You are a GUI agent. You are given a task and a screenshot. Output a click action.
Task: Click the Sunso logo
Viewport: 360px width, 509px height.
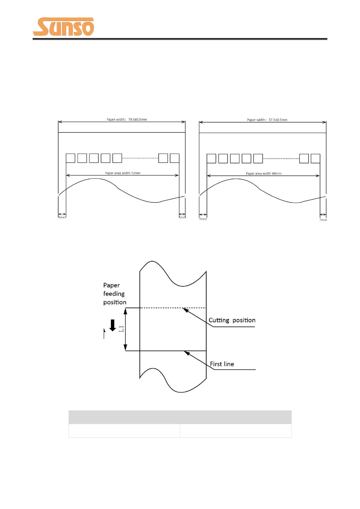pos(63,27)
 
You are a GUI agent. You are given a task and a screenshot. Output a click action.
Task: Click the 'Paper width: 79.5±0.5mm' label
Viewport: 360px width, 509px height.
pos(127,119)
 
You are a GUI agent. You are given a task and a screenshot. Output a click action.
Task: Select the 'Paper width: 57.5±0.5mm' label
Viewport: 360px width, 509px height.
pos(267,120)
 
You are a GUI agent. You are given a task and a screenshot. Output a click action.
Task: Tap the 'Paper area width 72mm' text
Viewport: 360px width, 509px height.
pos(123,173)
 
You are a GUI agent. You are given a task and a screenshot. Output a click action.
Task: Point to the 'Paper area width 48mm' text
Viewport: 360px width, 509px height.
pos(264,173)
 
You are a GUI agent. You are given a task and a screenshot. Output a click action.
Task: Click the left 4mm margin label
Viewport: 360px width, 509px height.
pos(62,217)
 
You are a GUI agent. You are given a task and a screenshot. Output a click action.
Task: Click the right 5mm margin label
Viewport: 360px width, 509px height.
pos(323,220)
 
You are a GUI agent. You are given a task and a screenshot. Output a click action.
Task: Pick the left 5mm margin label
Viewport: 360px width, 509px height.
pos(203,219)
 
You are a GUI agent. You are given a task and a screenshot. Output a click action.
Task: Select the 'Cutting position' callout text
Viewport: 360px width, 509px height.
pos(232,320)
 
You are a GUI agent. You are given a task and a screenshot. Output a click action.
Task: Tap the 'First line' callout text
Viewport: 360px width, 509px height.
pos(222,364)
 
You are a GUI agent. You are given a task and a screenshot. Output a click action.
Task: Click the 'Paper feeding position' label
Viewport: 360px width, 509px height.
pos(115,293)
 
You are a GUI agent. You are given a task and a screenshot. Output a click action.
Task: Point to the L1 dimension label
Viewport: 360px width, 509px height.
pos(121,329)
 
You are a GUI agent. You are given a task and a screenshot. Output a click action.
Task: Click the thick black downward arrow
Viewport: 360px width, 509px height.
pos(112,325)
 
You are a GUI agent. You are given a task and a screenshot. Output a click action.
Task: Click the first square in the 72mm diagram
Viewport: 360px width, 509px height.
pos(70,158)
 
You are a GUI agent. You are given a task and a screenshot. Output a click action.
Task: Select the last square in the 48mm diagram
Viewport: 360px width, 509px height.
pos(315,158)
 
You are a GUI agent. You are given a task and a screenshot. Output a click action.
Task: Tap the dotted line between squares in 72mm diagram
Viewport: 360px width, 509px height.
pos(140,158)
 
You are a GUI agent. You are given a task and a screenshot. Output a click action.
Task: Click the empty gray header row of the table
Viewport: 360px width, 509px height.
pos(180,417)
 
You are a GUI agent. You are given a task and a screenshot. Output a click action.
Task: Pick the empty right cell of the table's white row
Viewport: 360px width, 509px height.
pos(235,430)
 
